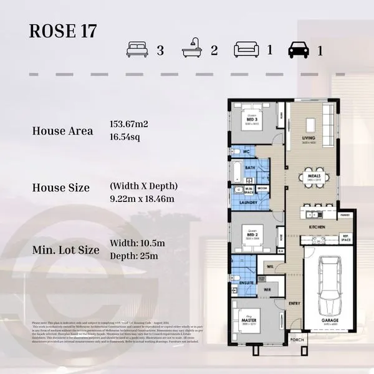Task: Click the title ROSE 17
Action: point(63,32)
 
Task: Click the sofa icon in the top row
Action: point(246,49)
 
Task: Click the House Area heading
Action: point(62,131)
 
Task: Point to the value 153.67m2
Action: point(128,124)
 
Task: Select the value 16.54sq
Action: point(125,136)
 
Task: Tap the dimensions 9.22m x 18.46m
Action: point(141,199)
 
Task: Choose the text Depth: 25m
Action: point(133,256)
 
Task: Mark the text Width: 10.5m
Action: point(137,243)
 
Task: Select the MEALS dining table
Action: point(314,178)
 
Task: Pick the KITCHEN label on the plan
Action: point(318,228)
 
